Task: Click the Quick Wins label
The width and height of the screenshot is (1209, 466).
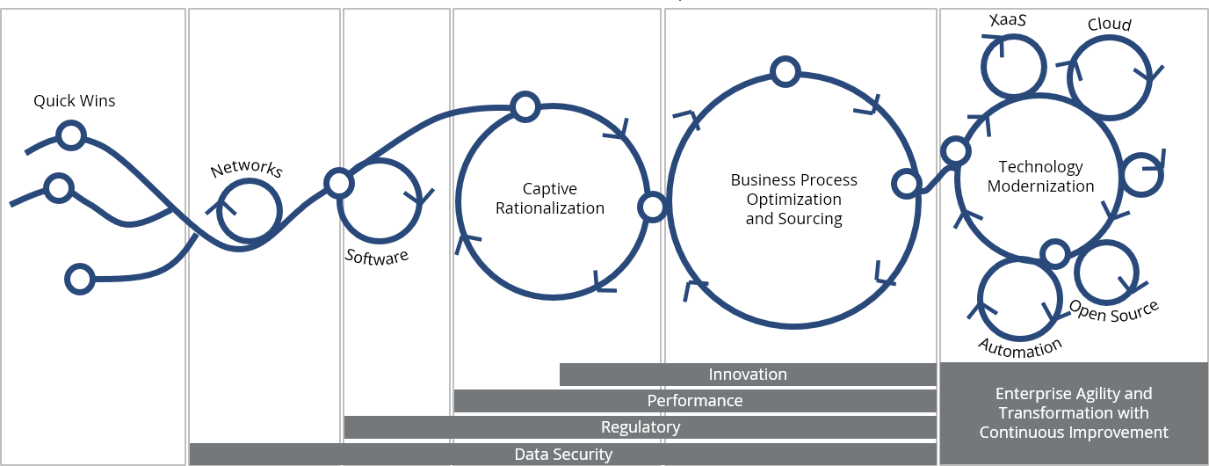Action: (75, 101)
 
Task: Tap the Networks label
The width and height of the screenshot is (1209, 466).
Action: (246, 168)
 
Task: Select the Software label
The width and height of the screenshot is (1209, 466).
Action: (377, 256)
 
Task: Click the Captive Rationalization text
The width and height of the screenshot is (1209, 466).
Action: (550, 199)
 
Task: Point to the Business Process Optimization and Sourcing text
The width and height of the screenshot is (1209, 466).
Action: (794, 199)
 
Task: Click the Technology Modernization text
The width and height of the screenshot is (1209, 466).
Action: (1041, 176)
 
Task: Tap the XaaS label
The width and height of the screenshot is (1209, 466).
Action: (1008, 20)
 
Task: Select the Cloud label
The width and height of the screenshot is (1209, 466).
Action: (1110, 24)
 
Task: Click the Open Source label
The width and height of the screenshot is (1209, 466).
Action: (1113, 310)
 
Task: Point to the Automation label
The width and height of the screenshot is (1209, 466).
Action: (1020, 347)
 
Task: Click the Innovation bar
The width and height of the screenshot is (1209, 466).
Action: (748, 375)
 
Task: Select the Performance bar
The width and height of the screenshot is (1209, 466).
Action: (695, 401)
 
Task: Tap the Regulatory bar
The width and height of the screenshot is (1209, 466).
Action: (641, 427)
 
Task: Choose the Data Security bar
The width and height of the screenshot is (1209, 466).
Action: (563, 455)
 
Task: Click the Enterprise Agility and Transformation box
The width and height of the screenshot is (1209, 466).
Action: (1074, 412)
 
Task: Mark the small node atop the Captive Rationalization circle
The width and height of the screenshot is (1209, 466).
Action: (525, 107)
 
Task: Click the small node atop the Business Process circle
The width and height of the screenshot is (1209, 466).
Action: (784, 71)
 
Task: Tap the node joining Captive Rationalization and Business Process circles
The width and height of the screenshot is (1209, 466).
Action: (653, 208)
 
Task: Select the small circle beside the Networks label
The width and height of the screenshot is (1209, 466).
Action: (249, 210)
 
